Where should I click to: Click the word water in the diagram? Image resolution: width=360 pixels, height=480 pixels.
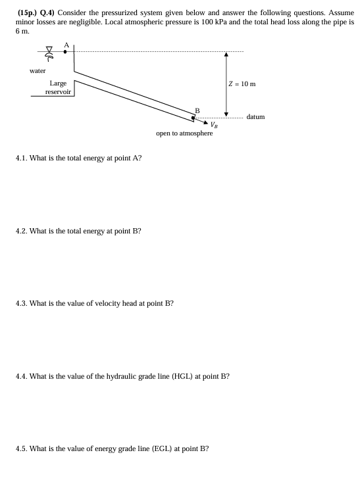(x=38, y=70)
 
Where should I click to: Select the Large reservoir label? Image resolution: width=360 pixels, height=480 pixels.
(x=57, y=88)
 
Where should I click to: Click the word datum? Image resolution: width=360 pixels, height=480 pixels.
(x=255, y=117)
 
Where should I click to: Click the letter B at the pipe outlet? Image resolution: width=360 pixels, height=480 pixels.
(x=195, y=110)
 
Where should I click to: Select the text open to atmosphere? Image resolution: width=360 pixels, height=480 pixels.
(x=184, y=133)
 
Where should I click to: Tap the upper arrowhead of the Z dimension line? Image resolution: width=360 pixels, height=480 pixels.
(x=226, y=55)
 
